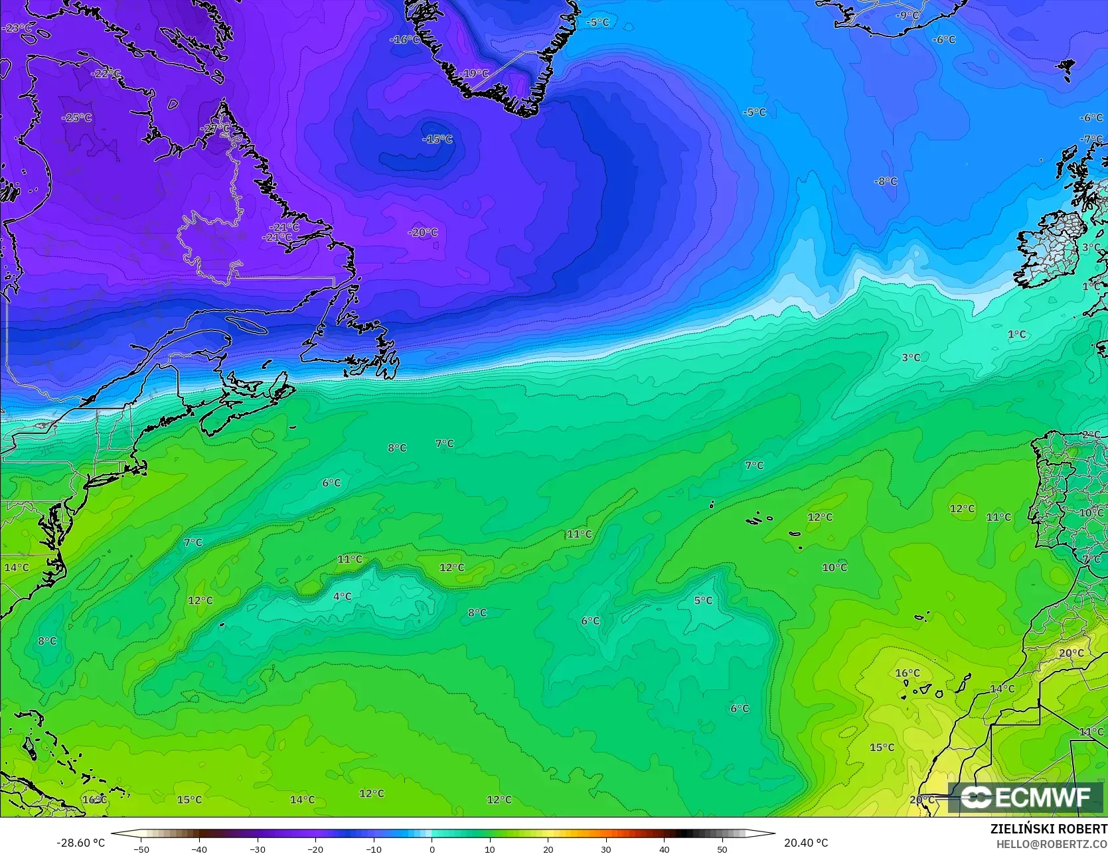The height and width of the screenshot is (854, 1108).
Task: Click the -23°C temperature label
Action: (x=17, y=28)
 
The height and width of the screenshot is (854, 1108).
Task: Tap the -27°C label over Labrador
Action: (x=215, y=128)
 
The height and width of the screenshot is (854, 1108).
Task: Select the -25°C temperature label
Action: (x=77, y=117)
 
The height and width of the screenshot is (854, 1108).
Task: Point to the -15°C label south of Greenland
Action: (x=437, y=139)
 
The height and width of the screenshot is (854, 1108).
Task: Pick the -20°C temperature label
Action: (x=423, y=232)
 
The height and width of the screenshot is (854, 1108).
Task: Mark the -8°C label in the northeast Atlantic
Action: (x=885, y=181)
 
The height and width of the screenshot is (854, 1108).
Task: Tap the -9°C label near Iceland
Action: (x=908, y=15)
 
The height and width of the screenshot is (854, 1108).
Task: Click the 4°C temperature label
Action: (x=342, y=597)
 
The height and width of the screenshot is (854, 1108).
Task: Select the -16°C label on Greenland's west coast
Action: (x=404, y=39)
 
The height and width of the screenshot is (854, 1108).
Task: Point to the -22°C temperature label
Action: (x=106, y=74)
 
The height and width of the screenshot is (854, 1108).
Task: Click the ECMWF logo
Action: (x=1026, y=797)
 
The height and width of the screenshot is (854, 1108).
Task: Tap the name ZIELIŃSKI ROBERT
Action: (x=1048, y=829)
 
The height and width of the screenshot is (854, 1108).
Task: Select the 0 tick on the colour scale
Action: (x=432, y=849)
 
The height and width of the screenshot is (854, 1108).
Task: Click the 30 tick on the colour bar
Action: (x=606, y=849)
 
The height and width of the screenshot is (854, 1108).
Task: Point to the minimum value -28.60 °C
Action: (x=81, y=843)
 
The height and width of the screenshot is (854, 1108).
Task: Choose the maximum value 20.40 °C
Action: (x=806, y=843)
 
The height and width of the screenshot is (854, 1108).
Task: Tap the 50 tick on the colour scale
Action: (x=722, y=849)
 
